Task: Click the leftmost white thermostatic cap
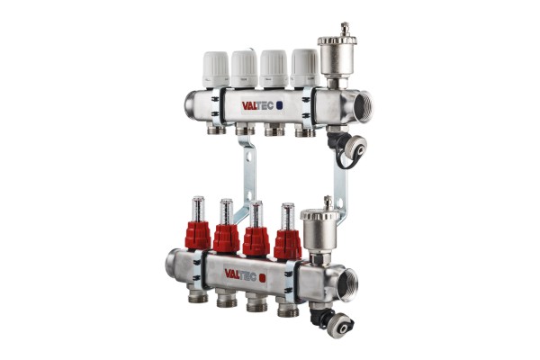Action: coord(216,69)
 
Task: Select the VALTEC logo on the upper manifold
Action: coord(258,105)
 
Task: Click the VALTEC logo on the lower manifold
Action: coord(240,274)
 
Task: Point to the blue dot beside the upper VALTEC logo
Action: coord(280,104)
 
